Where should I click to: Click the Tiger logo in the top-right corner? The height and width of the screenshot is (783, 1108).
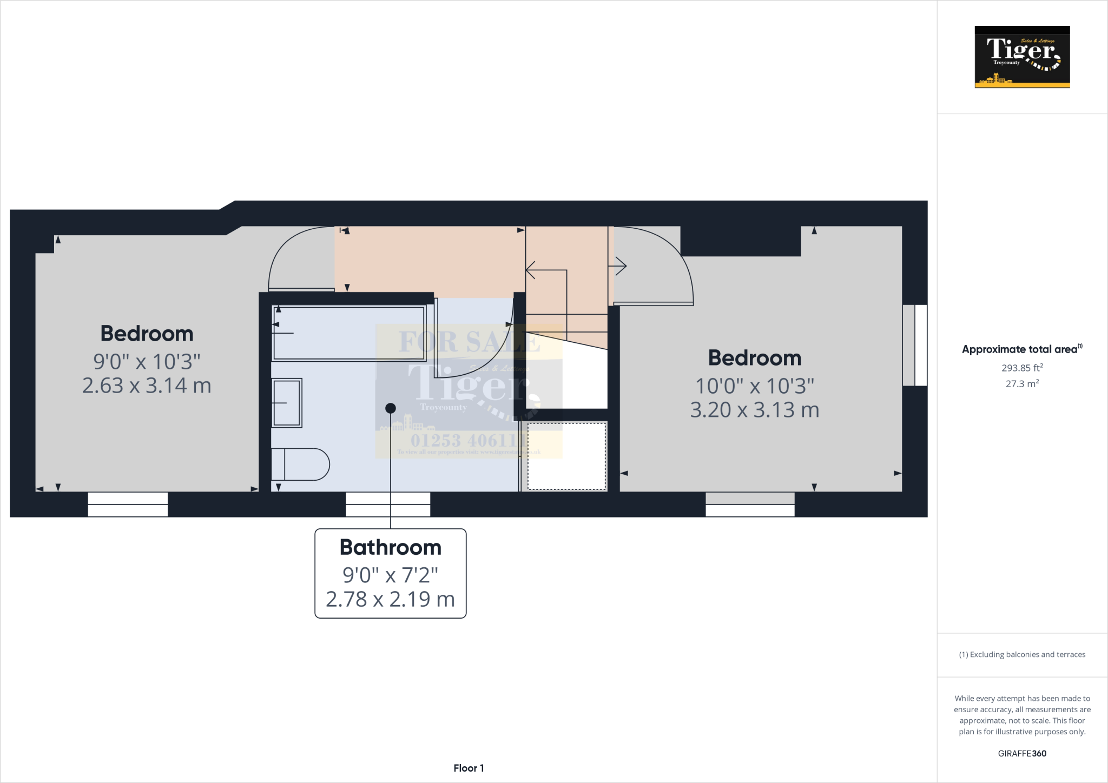point(1022,57)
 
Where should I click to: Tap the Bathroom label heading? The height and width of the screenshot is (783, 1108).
point(390,547)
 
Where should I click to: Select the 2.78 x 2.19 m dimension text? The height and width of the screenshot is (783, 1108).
point(390,599)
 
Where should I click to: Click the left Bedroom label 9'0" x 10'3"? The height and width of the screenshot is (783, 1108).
point(147,361)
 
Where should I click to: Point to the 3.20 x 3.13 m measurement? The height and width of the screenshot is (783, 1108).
point(755,410)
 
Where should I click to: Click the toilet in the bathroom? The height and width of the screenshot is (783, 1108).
point(301,465)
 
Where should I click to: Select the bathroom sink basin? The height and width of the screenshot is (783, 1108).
point(287,403)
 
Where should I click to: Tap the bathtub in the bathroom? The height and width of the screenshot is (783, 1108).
point(349,333)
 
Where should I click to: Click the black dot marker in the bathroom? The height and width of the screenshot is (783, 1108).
point(391,408)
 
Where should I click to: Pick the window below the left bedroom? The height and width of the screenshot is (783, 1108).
point(128,505)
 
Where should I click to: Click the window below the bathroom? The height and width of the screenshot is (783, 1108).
point(388,505)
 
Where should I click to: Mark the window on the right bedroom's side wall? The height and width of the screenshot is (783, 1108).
point(915,345)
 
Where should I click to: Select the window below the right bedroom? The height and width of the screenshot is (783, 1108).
point(750,505)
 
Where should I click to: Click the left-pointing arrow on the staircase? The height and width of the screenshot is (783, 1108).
point(531,270)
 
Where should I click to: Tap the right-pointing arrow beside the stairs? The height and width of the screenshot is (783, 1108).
point(620,266)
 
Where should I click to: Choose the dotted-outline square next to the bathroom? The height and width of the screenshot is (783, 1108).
point(566,456)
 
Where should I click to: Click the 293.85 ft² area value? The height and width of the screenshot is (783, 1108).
point(1022,368)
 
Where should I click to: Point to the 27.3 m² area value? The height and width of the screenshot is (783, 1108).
point(1022,384)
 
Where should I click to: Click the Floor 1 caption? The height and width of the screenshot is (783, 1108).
point(469,768)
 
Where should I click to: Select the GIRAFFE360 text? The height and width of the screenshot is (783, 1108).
point(1022,753)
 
